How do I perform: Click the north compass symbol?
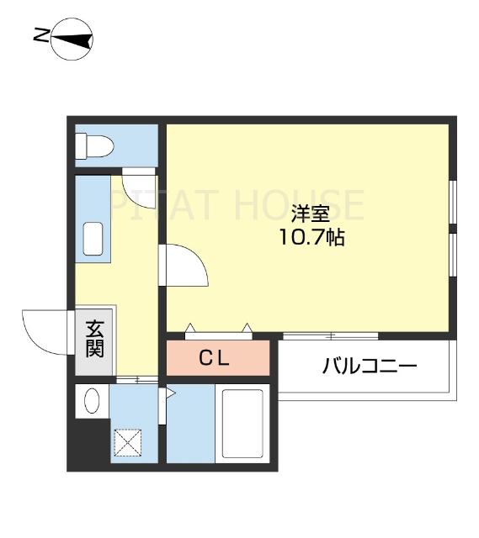point(72,39)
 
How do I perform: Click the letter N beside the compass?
point(40,36)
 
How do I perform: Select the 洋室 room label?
point(311,212)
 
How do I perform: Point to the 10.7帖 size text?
point(311,237)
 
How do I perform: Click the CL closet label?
point(214,358)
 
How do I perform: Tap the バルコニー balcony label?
point(369,367)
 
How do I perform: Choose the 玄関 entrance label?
point(94,340)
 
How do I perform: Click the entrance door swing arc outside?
point(46,330)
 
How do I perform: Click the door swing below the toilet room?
point(136,182)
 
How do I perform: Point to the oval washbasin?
point(92,403)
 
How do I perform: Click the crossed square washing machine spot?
point(128,443)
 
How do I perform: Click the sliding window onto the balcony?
point(332,336)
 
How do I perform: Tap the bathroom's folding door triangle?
point(169,393)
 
